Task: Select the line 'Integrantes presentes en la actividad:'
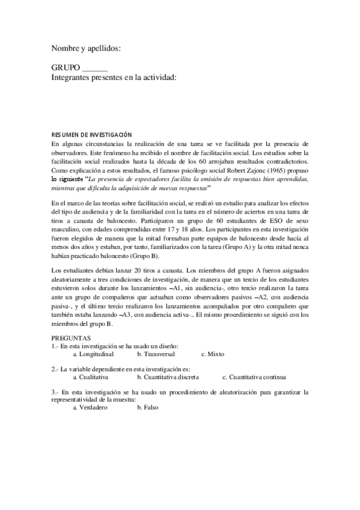114,78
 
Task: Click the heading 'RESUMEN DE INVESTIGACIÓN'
91,135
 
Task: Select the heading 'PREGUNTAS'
71,339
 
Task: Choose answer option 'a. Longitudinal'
94,354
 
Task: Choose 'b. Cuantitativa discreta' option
169,377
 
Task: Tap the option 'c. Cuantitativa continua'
254,377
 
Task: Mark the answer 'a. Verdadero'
90,408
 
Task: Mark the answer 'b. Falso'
147,408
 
